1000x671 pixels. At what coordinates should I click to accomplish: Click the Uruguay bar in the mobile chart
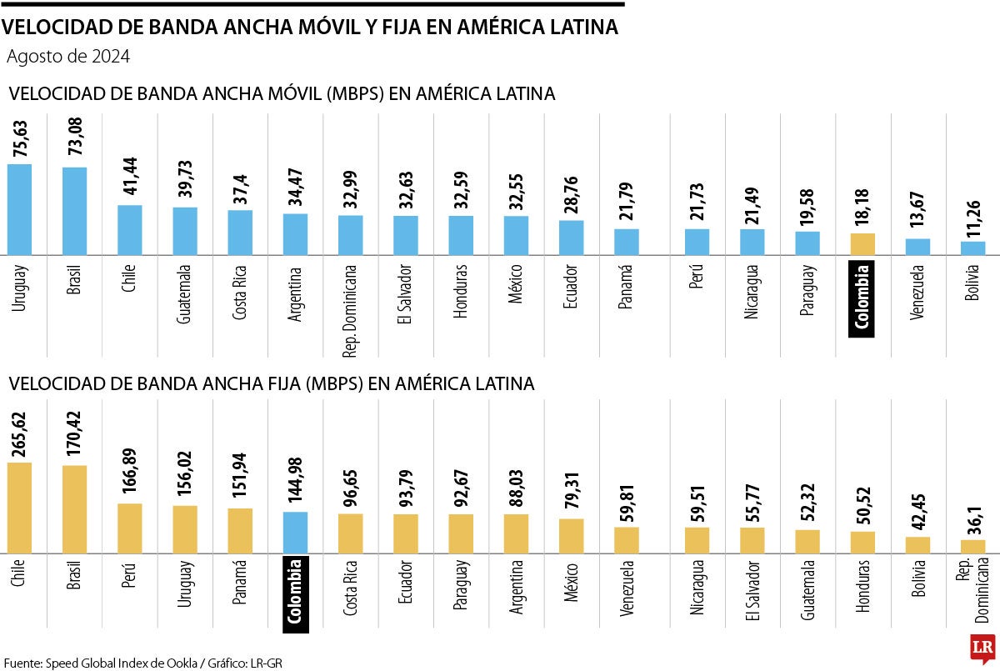click(x=19, y=209)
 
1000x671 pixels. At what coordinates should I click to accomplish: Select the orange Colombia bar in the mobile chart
click(x=862, y=243)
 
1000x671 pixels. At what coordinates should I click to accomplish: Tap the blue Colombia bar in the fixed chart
click(x=295, y=532)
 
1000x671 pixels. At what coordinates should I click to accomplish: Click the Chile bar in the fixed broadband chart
click(x=19, y=507)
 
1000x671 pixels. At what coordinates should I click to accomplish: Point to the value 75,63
click(x=20, y=138)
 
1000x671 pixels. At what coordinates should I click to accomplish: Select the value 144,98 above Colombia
click(x=296, y=483)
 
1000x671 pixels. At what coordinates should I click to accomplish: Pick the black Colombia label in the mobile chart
click(x=862, y=298)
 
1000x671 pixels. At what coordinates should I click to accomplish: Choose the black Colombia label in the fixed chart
click(x=295, y=594)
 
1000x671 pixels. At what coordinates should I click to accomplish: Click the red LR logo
click(x=982, y=648)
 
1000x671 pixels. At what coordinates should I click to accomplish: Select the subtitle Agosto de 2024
click(x=67, y=58)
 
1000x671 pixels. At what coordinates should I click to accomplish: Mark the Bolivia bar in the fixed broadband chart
click(x=917, y=544)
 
